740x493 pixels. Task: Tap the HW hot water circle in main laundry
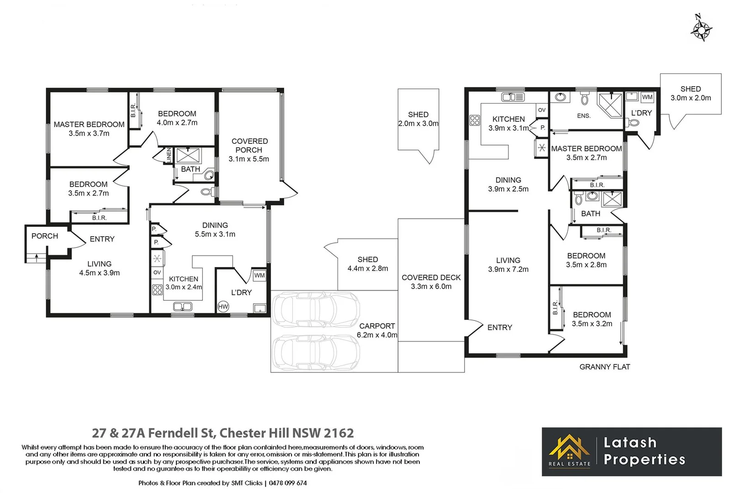pyautogui.click(x=223, y=307)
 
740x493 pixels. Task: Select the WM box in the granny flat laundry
pyautogui.click(x=647, y=97)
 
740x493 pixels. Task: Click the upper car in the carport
pyautogui.click(x=316, y=310)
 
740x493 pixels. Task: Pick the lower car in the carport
pyautogui.click(x=316, y=352)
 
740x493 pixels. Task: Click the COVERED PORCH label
pyautogui.click(x=249, y=146)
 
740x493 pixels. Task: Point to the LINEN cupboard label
pyautogui.click(x=169, y=155)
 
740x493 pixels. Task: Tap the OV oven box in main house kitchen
pyautogui.click(x=157, y=273)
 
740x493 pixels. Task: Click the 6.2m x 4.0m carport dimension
pyautogui.click(x=377, y=335)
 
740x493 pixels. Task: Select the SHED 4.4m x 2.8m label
pyautogui.click(x=368, y=264)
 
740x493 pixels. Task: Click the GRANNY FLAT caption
pyautogui.click(x=604, y=367)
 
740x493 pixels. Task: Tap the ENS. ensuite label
pyautogui.click(x=583, y=116)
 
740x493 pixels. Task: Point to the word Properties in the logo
pyautogui.click(x=644, y=459)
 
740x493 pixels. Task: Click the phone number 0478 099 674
pyautogui.click(x=288, y=483)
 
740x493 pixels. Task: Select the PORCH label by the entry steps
pyautogui.click(x=45, y=236)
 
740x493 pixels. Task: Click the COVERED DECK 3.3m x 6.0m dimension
pyautogui.click(x=431, y=287)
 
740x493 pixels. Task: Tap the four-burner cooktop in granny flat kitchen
pyautogui.click(x=475, y=121)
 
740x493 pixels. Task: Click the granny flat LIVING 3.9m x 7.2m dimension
pyautogui.click(x=508, y=269)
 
